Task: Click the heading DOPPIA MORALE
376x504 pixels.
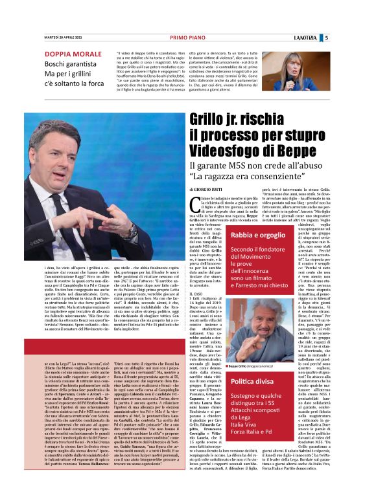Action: [x=71, y=54]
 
